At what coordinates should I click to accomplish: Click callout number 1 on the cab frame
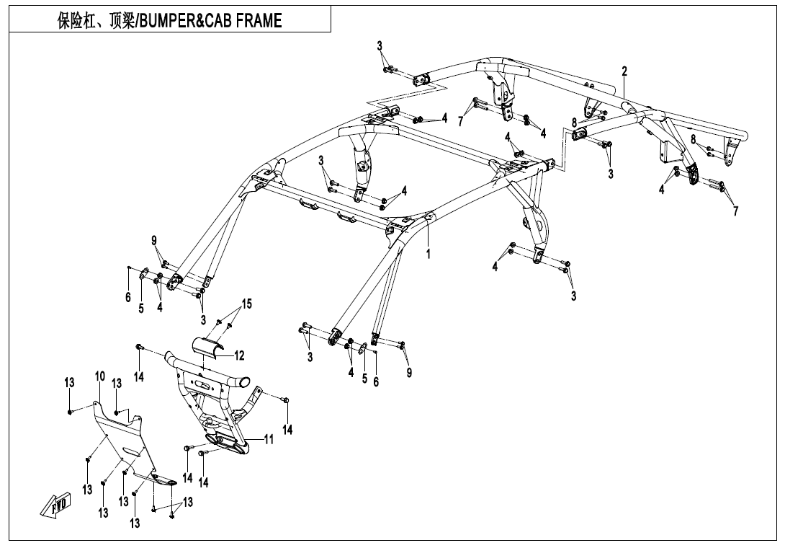coord(428,255)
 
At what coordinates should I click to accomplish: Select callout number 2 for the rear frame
coord(624,71)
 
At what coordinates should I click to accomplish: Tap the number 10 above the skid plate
coord(99,376)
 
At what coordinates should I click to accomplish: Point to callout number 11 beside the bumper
coord(269,439)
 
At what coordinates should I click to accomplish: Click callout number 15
coord(247,304)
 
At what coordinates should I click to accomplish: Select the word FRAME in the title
coord(251,21)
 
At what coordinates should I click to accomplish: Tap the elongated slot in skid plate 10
coord(132,452)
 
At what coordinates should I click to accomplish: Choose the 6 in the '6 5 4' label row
coord(128,297)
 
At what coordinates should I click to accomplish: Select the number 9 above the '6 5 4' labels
coord(154,240)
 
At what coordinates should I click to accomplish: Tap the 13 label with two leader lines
coord(188,502)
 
